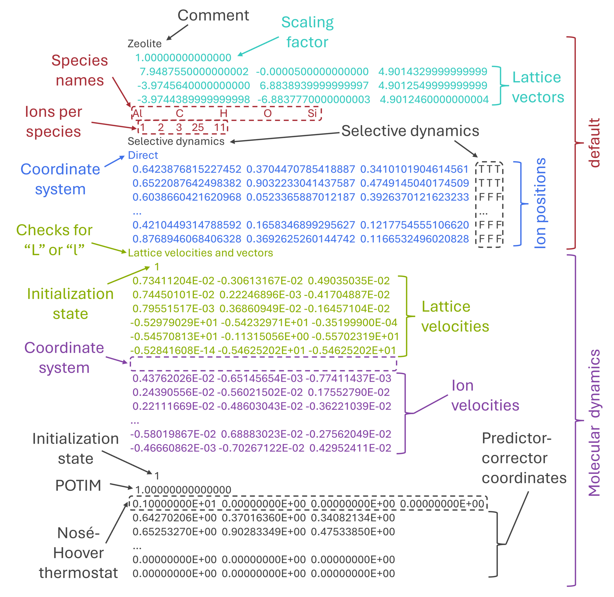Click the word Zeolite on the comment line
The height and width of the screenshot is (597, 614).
144,44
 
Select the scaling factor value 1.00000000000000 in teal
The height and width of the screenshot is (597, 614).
183,58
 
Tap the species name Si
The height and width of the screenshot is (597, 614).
312,113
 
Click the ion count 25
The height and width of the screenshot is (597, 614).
198,128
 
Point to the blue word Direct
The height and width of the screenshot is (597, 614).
143,155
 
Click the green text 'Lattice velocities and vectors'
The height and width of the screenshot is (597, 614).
200,253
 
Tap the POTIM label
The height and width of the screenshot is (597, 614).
78,485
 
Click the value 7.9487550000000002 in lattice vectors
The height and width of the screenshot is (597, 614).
194,71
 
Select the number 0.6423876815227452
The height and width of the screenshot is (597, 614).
187,169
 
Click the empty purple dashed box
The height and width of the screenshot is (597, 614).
263,364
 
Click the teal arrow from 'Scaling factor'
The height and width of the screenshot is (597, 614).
258,46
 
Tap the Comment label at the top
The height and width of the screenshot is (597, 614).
213,15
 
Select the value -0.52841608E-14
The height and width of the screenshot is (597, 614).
173,350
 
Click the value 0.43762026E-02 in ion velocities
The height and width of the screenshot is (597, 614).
173,378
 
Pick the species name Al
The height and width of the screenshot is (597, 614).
137,113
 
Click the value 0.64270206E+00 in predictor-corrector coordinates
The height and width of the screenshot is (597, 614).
174,518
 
